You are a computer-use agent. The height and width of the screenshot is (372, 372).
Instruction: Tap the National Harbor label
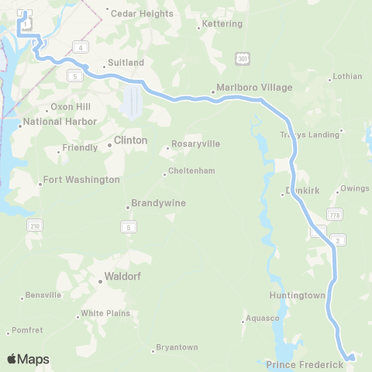pos(60,122)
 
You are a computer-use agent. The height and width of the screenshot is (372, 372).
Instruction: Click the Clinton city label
pos(130,141)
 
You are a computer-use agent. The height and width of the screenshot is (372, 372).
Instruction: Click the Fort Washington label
pos(81,180)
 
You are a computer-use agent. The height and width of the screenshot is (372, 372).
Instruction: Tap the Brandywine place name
pos(158,203)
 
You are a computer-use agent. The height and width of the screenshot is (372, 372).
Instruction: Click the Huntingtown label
pos(297,295)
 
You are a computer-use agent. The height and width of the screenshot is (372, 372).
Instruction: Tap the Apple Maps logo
pos(28,359)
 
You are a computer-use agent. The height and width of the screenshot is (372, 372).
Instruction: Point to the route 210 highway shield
pos(35,226)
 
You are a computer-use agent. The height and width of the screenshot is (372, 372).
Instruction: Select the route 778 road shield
pos(334,214)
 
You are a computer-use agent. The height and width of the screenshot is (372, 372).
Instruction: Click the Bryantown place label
pos(177,346)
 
